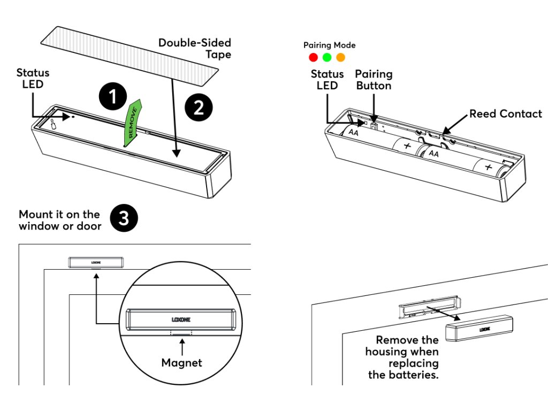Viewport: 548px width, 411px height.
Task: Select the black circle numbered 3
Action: pos(124,220)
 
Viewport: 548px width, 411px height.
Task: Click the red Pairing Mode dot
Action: pos(314,57)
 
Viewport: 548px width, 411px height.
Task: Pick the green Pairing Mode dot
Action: pos(327,57)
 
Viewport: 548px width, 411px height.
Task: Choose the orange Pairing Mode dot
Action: pos(340,57)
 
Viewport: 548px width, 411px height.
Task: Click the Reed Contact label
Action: pos(506,113)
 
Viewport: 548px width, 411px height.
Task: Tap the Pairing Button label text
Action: pos(374,80)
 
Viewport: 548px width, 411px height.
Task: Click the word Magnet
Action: pos(182,363)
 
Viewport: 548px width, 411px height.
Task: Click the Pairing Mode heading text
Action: pos(329,45)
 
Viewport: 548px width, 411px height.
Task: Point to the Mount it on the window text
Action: pos(60,220)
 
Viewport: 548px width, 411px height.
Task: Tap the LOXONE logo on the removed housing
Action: pos(485,329)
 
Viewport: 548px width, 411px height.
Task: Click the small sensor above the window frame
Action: pos(96,262)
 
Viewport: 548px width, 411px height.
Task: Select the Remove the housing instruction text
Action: pos(402,357)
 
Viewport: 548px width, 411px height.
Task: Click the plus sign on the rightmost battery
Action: pos(488,167)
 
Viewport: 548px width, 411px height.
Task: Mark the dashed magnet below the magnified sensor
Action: pos(181,333)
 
